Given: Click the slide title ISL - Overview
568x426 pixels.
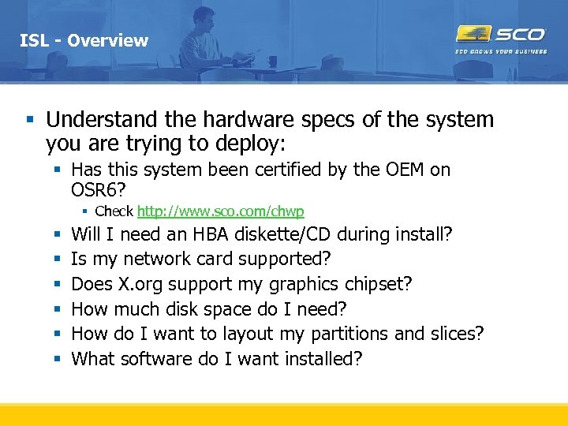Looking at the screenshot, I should (x=84, y=40).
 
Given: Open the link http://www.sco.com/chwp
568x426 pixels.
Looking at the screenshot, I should (x=221, y=211).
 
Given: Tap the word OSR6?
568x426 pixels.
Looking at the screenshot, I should (x=99, y=190).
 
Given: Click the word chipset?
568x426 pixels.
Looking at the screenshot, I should (x=381, y=284).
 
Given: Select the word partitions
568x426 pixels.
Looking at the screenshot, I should (x=348, y=334).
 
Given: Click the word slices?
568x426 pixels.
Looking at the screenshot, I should (x=457, y=334).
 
